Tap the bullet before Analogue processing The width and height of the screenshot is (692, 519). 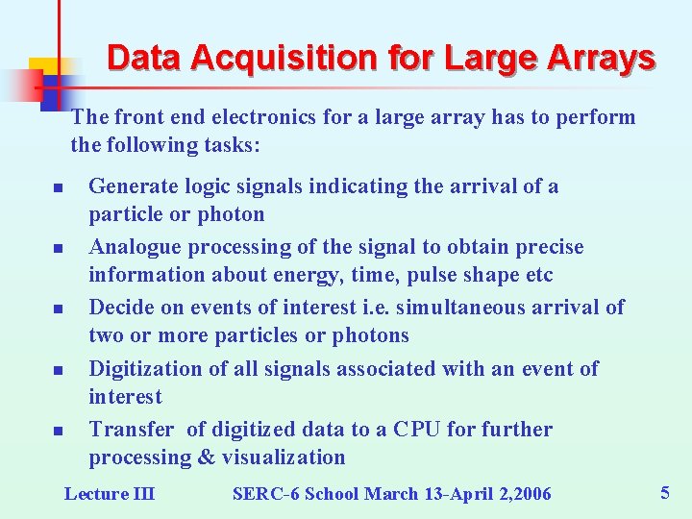tap(58, 248)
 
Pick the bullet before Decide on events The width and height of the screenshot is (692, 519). tap(58, 309)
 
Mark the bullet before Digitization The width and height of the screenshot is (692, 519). tap(58, 370)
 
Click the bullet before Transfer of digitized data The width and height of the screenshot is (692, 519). tap(58, 431)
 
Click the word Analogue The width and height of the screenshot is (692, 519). tap(135, 247)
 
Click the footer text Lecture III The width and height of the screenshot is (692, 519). tap(109, 494)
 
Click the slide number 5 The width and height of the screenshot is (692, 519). tap(664, 493)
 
